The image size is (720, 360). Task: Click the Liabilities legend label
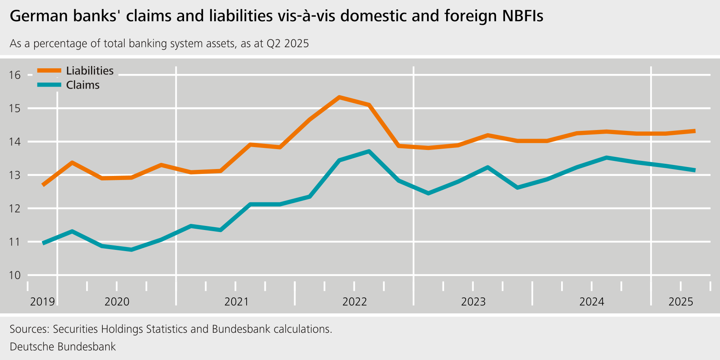pyautogui.click(x=90, y=71)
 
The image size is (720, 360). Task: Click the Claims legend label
pyautogui.click(x=82, y=85)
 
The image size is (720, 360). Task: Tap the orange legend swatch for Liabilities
pyautogui.click(x=49, y=71)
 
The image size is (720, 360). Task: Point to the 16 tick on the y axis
pyautogui.click(x=15, y=75)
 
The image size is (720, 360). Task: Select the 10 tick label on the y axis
pyautogui.click(x=15, y=275)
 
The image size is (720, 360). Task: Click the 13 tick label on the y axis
pyautogui.click(x=15, y=176)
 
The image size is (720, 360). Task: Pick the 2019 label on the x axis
pyautogui.click(x=42, y=302)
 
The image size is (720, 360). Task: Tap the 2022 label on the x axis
pyautogui.click(x=354, y=302)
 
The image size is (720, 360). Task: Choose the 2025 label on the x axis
pyautogui.click(x=681, y=302)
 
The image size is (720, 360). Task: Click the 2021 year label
pyautogui.click(x=236, y=302)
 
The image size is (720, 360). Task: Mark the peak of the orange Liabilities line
pyautogui.click(x=339, y=97)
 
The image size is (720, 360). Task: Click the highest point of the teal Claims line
pyautogui.click(x=369, y=152)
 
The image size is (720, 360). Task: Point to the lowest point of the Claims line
pyautogui.click(x=131, y=250)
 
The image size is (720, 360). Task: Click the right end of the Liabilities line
pyautogui.click(x=695, y=131)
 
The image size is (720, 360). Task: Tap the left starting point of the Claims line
pyautogui.click(x=43, y=243)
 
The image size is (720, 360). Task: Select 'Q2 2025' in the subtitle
pyautogui.click(x=287, y=43)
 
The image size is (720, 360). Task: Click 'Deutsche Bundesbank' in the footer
pyautogui.click(x=63, y=347)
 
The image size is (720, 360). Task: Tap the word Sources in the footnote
pyautogui.click(x=28, y=329)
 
